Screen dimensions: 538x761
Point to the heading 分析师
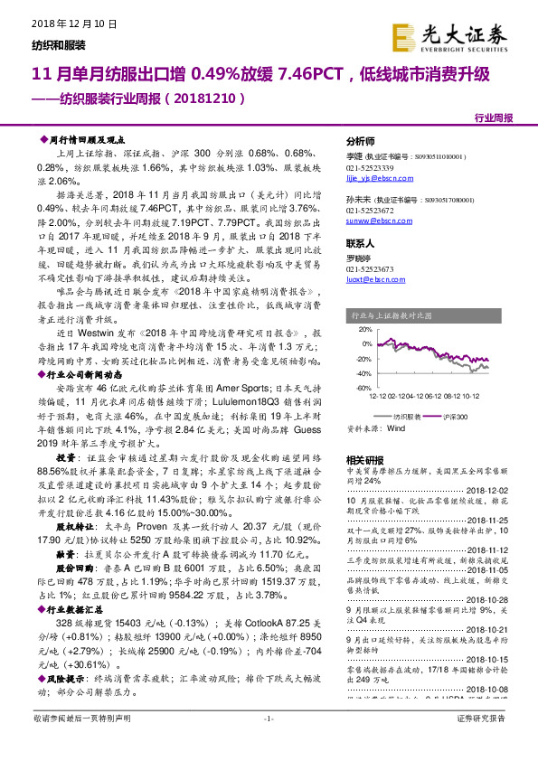[360, 143]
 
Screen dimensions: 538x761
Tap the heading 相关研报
[363, 460]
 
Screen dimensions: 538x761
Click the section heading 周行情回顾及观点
[89, 141]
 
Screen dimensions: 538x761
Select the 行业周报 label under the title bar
[493, 118]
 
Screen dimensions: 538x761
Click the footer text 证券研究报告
[482, 743]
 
